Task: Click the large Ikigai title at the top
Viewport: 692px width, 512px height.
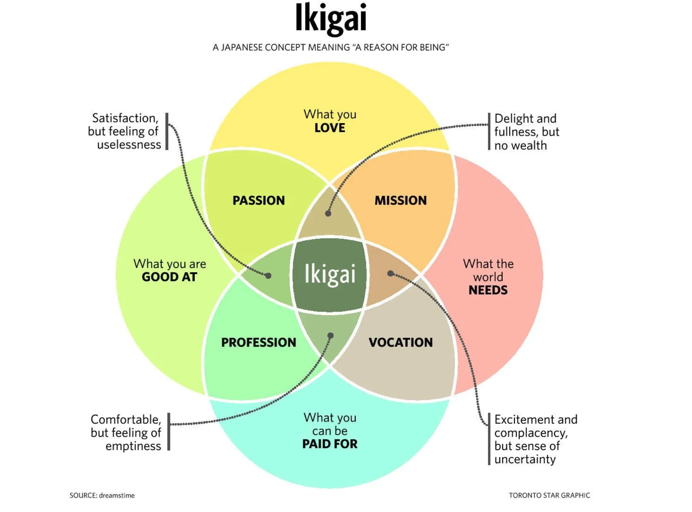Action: click(x=331, y=18)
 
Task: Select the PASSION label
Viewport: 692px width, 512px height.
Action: click(x=259, y=200)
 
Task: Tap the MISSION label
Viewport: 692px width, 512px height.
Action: click(x=400, y=200)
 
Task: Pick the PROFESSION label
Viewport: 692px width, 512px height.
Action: click(x=259, y=342)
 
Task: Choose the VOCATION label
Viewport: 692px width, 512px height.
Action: click(x=400, y=342)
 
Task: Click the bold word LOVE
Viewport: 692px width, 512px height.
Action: click(x=330, y=128)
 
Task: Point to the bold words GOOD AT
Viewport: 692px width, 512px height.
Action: click(x=169, y=277)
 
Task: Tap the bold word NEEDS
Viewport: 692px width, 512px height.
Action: click(x=488, y=290)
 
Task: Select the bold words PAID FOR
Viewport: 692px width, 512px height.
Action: click(x=330, y=444)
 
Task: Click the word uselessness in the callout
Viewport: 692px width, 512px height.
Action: click(x=129, y=145)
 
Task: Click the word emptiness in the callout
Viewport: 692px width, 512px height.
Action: click(x=133, y=446)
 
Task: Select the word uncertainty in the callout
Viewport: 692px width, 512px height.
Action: click(x=525, y=459)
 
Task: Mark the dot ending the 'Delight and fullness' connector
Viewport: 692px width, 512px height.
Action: click(x=328, y=213)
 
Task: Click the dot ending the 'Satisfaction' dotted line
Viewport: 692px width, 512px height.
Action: click(x=268, y=276)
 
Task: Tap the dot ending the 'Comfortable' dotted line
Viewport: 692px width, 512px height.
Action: click(x=331, y=335)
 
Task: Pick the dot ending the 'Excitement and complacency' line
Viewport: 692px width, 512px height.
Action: click(x=390, y=273)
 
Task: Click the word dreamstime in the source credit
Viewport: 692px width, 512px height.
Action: click(x=117, y=496)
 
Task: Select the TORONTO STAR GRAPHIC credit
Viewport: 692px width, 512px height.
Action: click(x=549, y=496)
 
